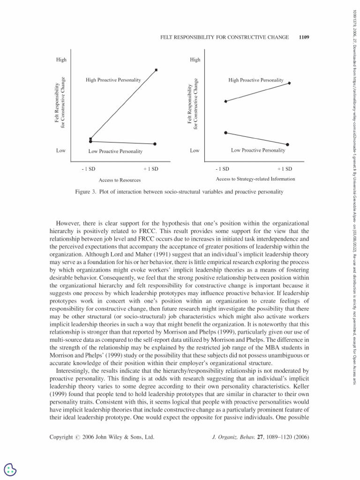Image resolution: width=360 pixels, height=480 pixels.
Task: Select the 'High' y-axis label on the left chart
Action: click(61, 60)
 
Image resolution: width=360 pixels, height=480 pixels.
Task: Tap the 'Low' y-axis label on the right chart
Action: click(195, 150)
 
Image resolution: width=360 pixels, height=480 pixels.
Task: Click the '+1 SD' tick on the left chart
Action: click(151, 169)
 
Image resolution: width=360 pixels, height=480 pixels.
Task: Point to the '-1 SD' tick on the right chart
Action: click(222, 169)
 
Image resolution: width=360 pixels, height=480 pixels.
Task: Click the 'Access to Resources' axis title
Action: click(120, 180)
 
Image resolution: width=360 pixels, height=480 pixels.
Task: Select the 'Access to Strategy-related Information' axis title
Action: click(255, 179)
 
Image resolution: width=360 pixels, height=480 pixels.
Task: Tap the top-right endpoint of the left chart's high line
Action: click(156, 70)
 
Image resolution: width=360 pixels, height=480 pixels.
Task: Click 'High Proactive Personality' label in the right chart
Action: click(256, 80)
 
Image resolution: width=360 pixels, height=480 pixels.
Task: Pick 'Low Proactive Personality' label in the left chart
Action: click(115, 151)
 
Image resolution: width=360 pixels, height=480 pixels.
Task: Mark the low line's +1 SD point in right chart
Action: click(288, 144)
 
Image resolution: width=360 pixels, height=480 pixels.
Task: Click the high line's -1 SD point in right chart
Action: click(226, 101)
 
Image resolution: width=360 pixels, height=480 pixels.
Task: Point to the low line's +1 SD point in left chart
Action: click(155, 144)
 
